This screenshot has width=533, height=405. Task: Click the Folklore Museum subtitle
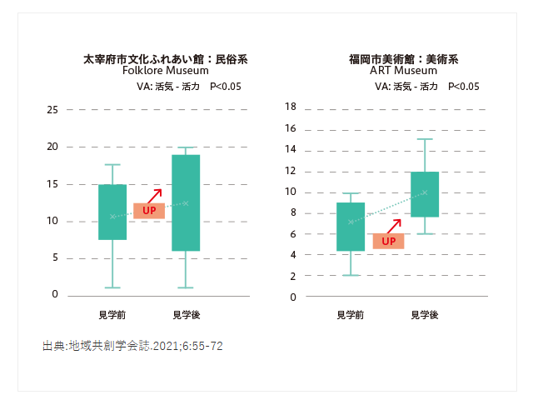pos(165,71)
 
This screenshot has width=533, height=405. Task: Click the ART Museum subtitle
pos(403,71)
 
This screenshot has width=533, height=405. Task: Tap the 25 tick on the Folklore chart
pos(52,110)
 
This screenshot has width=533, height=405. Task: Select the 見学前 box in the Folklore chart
pos(112,212)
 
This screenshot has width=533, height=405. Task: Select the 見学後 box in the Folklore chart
pos(186,202)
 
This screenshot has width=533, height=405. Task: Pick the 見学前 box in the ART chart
pos(351,227)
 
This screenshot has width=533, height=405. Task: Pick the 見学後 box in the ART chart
pos(425,194)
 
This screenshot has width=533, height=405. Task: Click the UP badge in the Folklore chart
pos(149,211)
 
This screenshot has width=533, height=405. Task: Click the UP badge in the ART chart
pos(388,242)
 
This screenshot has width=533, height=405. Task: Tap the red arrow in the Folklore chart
pos(154,195)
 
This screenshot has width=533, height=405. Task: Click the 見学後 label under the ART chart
pos(425,315)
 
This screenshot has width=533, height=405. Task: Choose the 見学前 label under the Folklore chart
pos(112,315)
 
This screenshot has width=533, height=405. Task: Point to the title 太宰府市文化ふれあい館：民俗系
pos(165,59)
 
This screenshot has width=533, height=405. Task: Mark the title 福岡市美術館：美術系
pos(403,59)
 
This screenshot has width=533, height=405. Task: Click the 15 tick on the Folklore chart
pos(52,184)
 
